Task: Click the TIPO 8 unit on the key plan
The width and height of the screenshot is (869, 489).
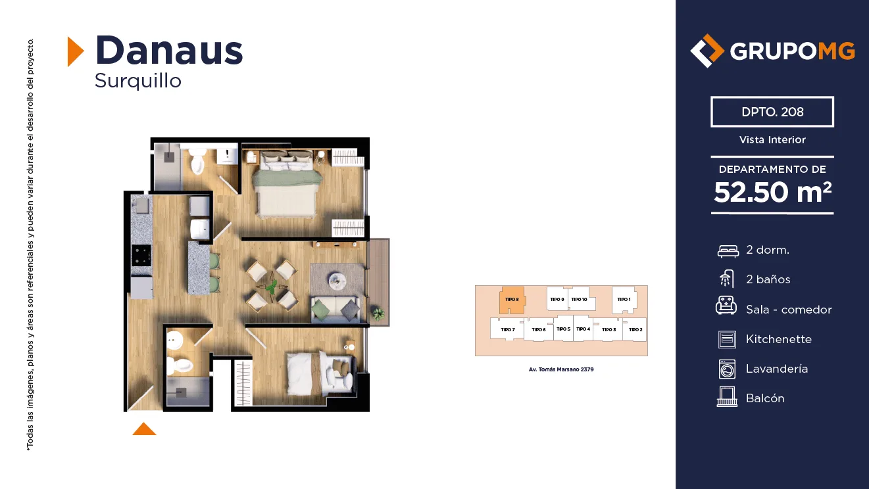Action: [x=512, y=300]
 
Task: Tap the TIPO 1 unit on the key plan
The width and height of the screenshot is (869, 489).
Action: [x=624, y=300]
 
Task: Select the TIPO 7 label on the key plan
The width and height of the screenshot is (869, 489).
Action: [x=507, y=330]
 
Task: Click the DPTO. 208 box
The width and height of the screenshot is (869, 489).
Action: [x=772, y=112]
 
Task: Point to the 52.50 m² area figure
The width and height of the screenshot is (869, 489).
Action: [x=772, y=192]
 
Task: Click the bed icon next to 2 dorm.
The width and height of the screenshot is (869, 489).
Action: [x=728, y=251]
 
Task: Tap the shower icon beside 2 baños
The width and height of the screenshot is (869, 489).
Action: [x=727, y=279]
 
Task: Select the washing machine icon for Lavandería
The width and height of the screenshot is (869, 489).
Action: [x=727, y=369]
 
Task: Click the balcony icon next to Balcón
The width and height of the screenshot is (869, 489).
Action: [x=727, y=396]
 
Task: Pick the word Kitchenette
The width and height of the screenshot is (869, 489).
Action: [x=778, y=339]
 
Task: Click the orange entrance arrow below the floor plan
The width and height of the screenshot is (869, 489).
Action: [x=144, y=429]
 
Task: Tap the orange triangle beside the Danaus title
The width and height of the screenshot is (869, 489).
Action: [x=76, y=51]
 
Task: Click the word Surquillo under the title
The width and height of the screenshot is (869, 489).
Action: [x=137, y=81]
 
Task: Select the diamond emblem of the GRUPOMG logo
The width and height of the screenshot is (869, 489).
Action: [x=707, y=51]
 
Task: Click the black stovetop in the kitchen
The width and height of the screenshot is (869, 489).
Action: [x=141, y=256]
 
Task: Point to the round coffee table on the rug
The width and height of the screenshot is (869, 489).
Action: [x=337, y=281]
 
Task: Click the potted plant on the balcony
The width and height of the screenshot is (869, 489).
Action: [x=378, y=313]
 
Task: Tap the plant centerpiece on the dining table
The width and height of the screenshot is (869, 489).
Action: [x=272, y=287]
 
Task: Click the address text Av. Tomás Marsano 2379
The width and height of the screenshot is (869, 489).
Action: [x=561, y=369]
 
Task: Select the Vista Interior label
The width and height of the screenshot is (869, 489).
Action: [x=772, y=139]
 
